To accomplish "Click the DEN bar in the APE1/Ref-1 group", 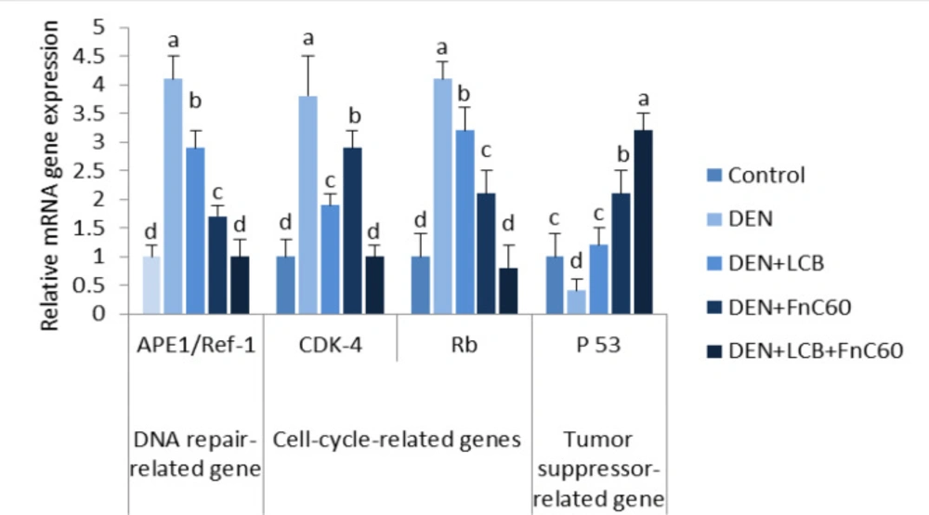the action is click(173, 196).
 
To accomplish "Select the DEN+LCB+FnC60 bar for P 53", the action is click(644, 221).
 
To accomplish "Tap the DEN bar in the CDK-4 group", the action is click(308, 205).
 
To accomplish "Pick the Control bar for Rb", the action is click(420, 285).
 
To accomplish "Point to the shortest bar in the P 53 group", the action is click(577, 301).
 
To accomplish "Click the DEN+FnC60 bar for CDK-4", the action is click(352, 231).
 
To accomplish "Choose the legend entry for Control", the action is click(756, 175).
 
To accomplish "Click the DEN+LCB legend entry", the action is click(765, 262).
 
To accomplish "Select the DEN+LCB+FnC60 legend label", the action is click(816, 350).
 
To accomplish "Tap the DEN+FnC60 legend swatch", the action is click(714, 307).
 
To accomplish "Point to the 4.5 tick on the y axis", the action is click(88, 57).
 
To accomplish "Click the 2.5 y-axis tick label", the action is click(88, 171).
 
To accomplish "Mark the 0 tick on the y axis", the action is click(98, 313).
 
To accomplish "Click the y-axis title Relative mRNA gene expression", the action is click(49, 176).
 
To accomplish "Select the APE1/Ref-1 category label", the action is click(195, 344).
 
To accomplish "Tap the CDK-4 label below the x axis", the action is click(330, 344).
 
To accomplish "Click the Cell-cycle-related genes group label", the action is click(397, 440).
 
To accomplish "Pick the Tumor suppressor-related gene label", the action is click(598, 469).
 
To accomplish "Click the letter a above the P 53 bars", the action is click(644, 99).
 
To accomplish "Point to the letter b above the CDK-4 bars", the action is click(354, 115).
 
